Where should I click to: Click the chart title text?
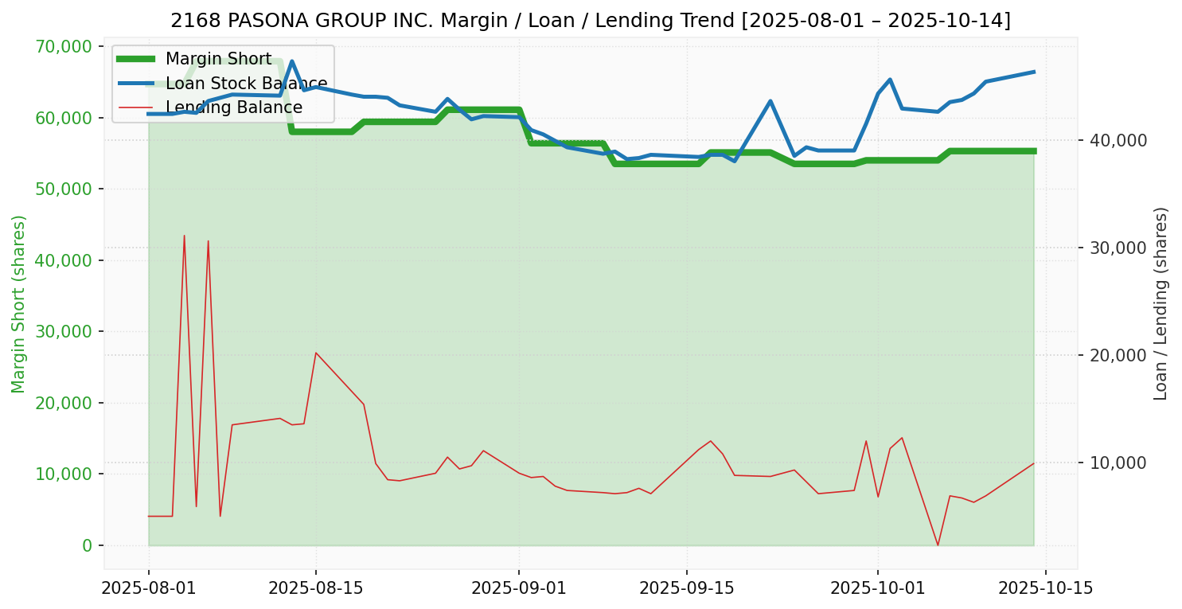click(x=591, y=21)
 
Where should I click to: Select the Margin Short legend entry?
click(x=218, y=59)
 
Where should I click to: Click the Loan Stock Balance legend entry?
click(x=246, y=84)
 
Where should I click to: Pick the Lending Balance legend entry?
click(x=233, y=107)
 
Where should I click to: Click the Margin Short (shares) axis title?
click(x=19, y=304)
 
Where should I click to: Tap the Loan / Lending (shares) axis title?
click(x=1161, y=303)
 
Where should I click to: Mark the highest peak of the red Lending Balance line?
click(x=184, y=236)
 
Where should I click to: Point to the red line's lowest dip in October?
click(x=938, y=545)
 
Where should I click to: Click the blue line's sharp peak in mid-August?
click(x=292, y=61)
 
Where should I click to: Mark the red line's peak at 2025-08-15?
click(x=316, y=353)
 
